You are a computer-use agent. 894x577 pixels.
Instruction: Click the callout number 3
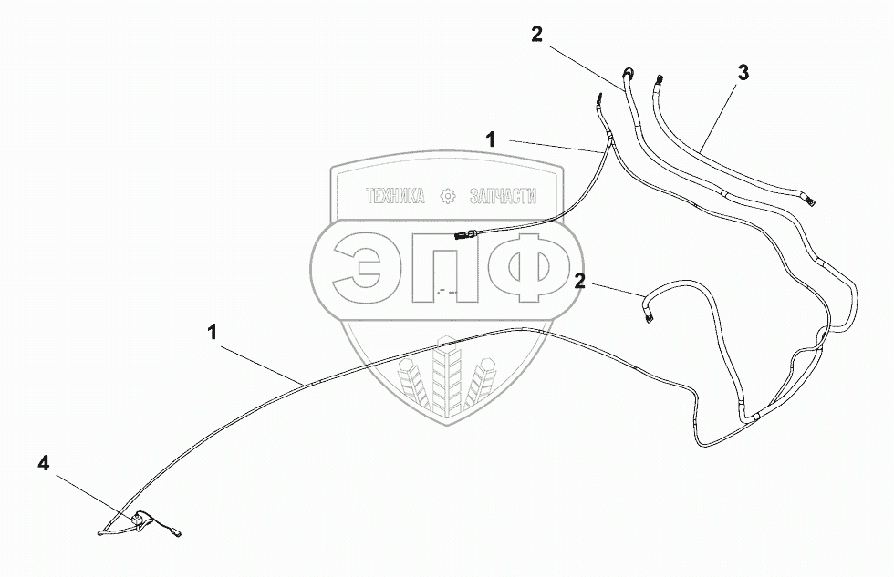743,74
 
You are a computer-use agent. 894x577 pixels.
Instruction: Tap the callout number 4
44,464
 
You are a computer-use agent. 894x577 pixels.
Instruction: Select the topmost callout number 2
536,35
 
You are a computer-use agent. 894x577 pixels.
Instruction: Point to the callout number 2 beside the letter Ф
579,282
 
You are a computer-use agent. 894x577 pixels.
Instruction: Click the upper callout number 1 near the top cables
491,139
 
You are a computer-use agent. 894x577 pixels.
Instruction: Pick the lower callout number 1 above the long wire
213,334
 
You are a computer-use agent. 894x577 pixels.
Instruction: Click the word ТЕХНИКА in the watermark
395,196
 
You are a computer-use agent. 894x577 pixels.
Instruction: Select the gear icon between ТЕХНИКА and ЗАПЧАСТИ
447,196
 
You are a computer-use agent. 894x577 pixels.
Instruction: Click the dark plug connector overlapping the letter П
463,238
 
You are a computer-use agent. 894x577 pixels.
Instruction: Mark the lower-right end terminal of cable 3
808,193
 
